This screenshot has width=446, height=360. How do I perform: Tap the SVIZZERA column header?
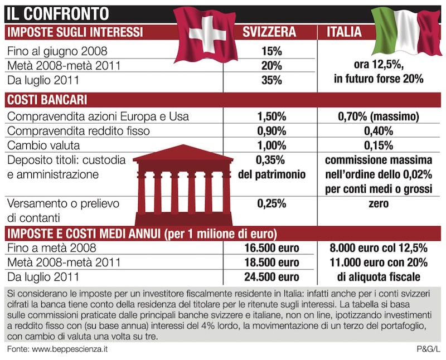click(269, 31)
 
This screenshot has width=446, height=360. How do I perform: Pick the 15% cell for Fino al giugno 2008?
click(271, 52)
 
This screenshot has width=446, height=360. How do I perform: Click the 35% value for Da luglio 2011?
click(271, 80)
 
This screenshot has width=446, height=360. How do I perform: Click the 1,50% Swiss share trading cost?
click(272, 117)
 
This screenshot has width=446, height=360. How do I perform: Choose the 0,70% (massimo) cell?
click(378, 117)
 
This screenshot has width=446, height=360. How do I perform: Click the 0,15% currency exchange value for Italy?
click(378, 145)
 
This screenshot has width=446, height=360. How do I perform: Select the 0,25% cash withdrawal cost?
click(272, 204)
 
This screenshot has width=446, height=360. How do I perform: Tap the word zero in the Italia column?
click(378, 204)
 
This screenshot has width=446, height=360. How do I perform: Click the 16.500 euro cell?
click(272, 248)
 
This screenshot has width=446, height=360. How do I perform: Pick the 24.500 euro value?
click(272, 276)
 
